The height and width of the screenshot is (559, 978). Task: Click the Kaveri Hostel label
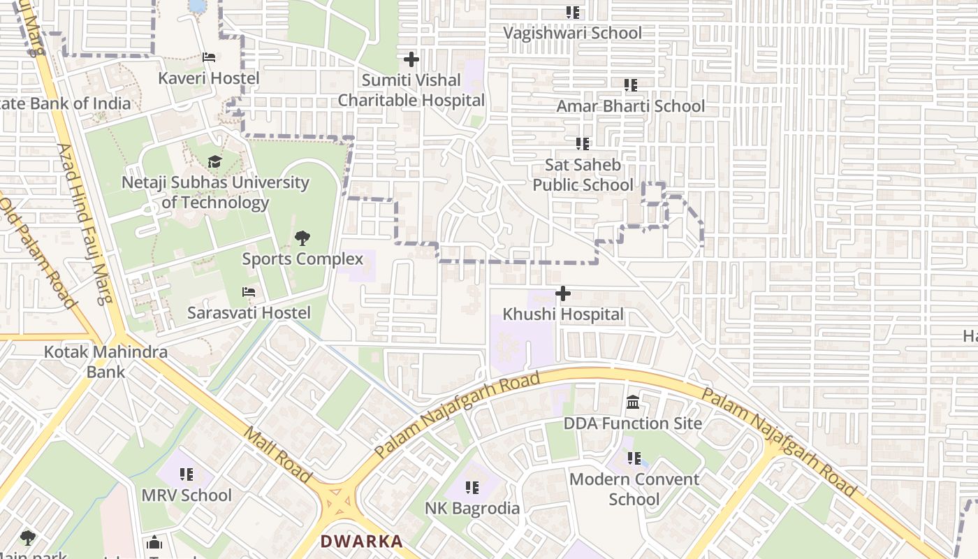click(208, 78)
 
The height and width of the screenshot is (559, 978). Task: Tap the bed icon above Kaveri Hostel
click(208, 57)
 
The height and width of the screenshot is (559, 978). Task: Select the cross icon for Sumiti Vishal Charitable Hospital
click(411, 59)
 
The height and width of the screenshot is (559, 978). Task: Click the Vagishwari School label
click(572, 33)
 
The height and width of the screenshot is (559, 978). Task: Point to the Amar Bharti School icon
click(631, 85)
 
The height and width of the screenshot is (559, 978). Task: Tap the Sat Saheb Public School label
click(583, 175)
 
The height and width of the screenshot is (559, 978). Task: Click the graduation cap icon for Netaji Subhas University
click(214, 162)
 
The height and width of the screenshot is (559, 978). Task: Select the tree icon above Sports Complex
click(302, 238)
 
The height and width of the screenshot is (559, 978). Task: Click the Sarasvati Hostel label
click(249, 312)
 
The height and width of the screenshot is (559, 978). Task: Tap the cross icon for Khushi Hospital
click(563, 293)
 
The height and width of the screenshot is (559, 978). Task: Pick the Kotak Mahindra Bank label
click(105, 361)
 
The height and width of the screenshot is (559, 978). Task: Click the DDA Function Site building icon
click(633, 402)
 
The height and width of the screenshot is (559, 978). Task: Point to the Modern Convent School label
click(634, 489)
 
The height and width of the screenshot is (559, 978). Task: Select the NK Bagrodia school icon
click(472, 487)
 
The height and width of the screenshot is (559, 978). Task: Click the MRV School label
click(187, 495)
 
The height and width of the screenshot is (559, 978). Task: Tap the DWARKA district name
click(362, 541)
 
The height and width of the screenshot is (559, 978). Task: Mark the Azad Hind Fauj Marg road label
click(83, 224)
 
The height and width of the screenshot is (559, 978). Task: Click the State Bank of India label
click(66, 103)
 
